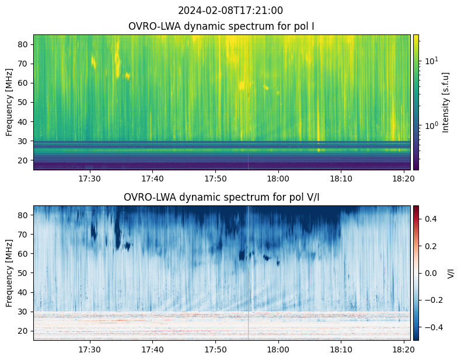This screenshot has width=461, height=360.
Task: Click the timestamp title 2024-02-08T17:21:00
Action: coord(230,11)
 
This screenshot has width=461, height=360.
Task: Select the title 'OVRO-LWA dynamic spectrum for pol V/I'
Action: coord(222,197)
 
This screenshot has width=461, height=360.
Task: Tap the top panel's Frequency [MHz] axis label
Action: coord(9,102)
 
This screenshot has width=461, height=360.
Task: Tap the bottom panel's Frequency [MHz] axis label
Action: coord(9,273)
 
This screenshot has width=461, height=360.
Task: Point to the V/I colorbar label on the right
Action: coord(450,273)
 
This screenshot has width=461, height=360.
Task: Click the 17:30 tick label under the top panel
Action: coord(90,178)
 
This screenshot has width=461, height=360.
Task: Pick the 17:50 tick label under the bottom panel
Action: coord(215,349)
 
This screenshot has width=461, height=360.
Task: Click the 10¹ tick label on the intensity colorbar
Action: coord(429,60)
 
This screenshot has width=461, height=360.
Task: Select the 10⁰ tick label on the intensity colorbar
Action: coord(429,125)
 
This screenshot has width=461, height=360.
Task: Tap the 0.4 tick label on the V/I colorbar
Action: coord(429,218)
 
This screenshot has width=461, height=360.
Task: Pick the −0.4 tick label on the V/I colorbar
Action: coord(431,327)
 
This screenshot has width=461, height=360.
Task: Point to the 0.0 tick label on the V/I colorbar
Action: coord(429,272)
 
